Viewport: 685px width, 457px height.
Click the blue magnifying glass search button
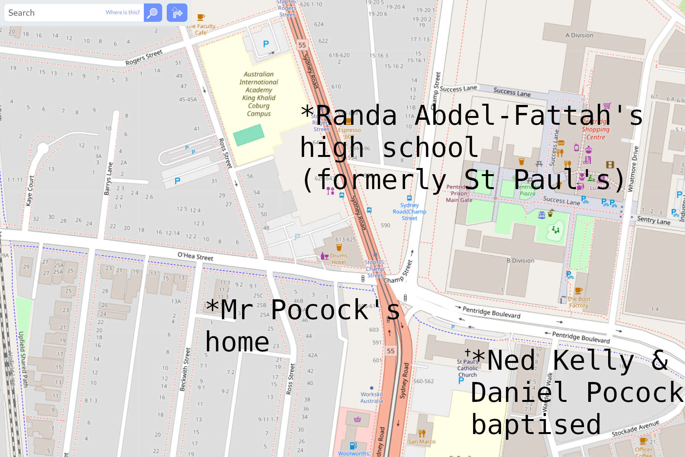tap(153, 13)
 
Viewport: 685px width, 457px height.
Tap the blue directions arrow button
tap(177, 13)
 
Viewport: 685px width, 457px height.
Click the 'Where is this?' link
tap(122, 12)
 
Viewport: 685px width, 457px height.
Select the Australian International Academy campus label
tap(259, 94)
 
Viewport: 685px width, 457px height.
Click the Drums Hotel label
tap(338, 259)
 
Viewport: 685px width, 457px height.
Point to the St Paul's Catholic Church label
tap(467, 368)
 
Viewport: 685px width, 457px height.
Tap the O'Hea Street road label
tap(195, 256)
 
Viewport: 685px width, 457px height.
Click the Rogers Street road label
tap(144, 57)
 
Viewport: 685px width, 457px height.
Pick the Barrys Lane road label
tap(109, 178)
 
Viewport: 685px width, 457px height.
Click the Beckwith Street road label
tap(185, 369)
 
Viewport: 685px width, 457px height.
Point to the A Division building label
tap(579, 35)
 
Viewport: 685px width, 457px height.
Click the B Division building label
tap(520, 261)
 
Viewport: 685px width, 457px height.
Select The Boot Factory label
tap(578, 302)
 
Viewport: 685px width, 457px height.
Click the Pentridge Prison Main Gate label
tap(459, 193)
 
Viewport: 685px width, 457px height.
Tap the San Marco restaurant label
tap(421, 441)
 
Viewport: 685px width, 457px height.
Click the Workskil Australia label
tap(371, 397)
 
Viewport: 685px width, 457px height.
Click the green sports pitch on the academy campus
tap(249, 135)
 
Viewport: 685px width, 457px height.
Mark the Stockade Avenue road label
tap(635, 428)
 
